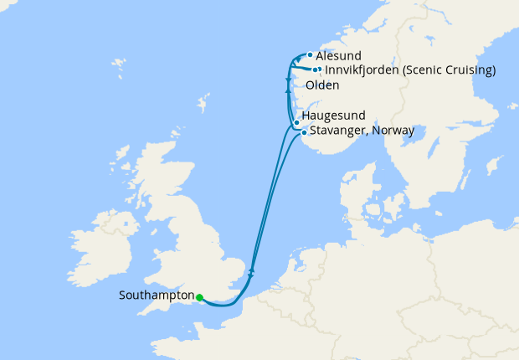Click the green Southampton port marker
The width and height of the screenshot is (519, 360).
[199, 296]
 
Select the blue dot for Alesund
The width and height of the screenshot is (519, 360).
[310, 55]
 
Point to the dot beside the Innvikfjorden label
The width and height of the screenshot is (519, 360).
[316, 69]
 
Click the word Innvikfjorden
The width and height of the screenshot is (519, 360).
[361, 70]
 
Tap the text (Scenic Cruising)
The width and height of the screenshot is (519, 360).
[448, 70]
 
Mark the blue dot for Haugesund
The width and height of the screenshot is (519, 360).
[296, 123]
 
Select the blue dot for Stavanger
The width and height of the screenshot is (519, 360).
[303, 132]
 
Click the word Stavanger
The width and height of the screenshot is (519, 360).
[337, 131]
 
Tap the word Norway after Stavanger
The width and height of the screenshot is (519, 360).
[393, 131]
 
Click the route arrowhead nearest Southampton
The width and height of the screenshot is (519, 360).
[251, 270]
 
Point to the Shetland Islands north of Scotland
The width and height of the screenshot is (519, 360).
[202, 105]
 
